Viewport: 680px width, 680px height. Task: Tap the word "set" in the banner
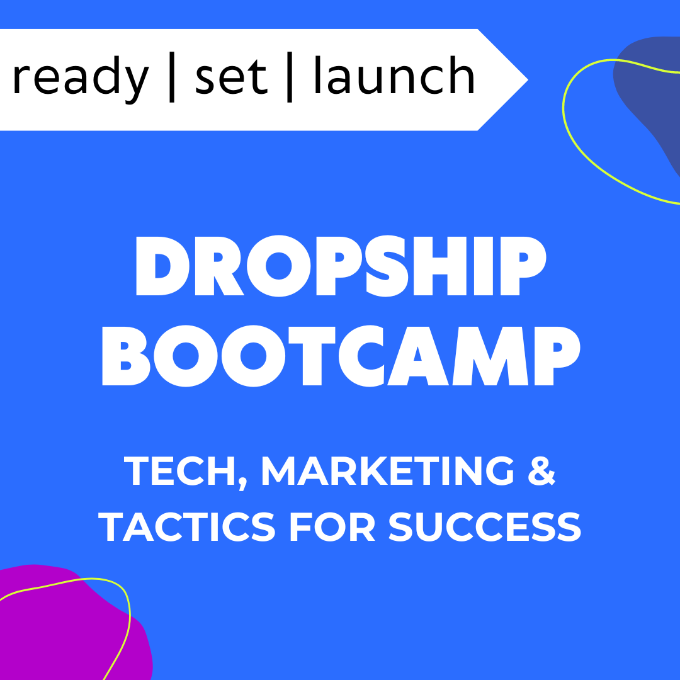click(230, 77)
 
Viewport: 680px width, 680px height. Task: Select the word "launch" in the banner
click(394, 77)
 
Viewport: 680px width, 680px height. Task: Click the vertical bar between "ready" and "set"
click(172, 77)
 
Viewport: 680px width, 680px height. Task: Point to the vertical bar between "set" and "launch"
click(289, 77)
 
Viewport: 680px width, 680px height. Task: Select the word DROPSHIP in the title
click(340, 268)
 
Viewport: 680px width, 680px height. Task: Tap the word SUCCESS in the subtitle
click(484, 526)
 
